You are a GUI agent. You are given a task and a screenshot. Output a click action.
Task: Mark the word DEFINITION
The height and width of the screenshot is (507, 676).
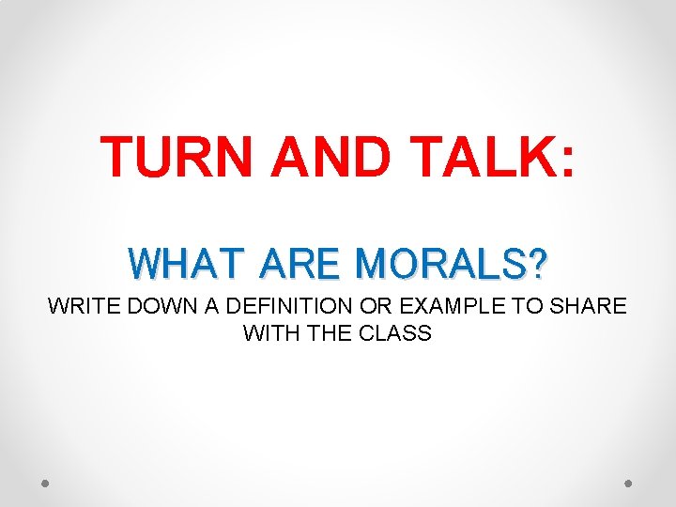point(272,306)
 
